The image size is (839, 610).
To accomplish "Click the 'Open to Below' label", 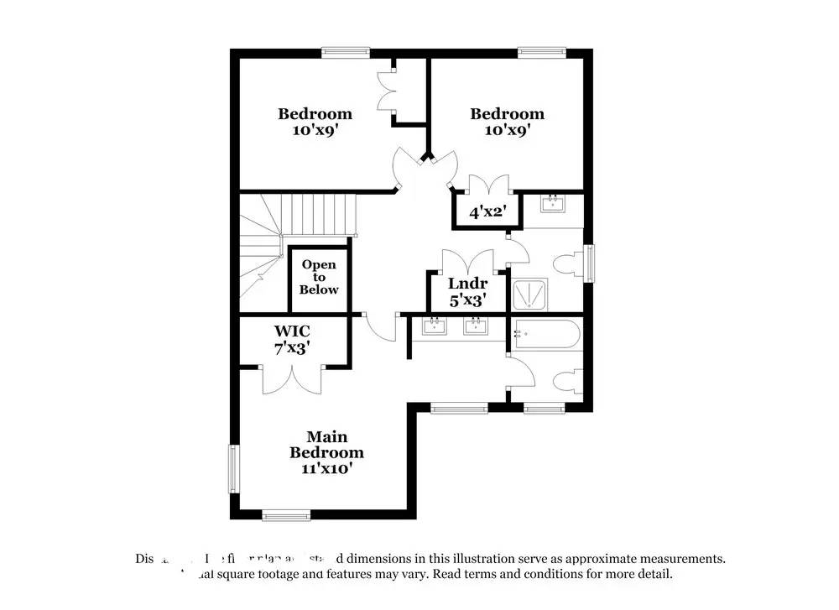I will coord(320,277).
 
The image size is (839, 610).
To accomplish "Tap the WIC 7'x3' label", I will coord(292,339).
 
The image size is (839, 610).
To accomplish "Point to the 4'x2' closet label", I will coord(486,212).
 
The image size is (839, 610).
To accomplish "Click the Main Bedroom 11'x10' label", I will coord(326,453).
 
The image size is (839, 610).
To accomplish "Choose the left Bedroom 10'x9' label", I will coord(315,122).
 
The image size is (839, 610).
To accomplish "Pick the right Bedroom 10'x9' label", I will coord(507,122).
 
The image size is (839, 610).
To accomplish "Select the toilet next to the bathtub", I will coord(568,381).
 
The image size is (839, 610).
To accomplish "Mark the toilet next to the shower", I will coord(570,263).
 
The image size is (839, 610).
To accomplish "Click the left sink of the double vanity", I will coord(435,326).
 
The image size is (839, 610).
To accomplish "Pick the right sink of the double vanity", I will coord(476,326).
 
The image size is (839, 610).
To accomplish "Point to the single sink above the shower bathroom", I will coord(554,203).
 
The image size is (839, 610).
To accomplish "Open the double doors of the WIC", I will coord(291,378).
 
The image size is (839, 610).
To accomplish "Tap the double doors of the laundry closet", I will coord(466,261).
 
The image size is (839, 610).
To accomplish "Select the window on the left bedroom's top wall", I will coord(346,53).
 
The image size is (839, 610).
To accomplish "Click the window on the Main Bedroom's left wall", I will coord(234,470).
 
